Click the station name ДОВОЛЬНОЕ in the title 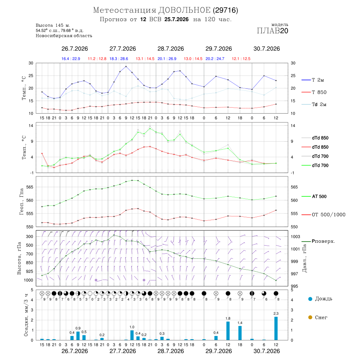coord(184,10)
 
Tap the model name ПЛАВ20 coord(272,31)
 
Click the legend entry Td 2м coord(314,104)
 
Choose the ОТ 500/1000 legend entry coord(323,215)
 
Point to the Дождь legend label coord(320,299)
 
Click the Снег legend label coord(318,317)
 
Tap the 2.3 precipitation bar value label coord(276,313)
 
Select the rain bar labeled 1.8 coord(228,331)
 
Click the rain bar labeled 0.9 coord(78,336)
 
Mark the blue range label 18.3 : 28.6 coord(119,59)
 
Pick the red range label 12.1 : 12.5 coord(241,59)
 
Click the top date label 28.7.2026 coord(170,49)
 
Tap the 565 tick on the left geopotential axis coord(30,187)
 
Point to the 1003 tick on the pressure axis coord(295,236)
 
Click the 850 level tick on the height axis coord(29,263)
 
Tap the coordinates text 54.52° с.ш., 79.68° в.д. coord(60,30)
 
